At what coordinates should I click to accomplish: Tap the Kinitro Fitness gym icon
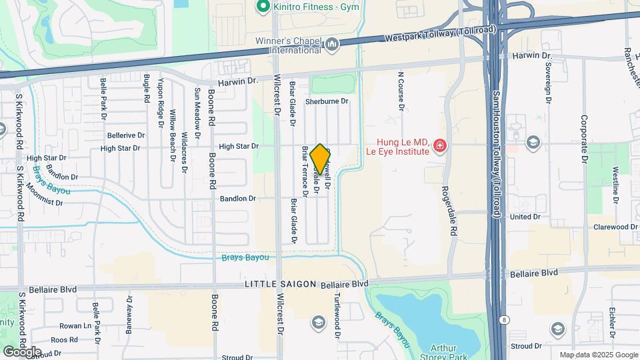pyautogui.click(x=263, y=7)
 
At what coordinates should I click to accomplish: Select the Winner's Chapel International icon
pyautogui.click(x=332, y=45)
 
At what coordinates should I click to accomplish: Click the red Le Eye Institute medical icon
pyautogui.click(x=439, y=145)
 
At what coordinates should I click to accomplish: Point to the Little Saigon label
pyautogui.click(x=280, y=284)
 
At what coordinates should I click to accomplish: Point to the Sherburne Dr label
pyautogui.click(x=327, y=101)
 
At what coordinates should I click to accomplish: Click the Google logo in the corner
pyautogui.click(x=22, y=351)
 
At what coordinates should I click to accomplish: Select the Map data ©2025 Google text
pyautogui.click(x=598, y=355)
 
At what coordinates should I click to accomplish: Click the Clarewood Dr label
pyautogui.click(x=615, y=227)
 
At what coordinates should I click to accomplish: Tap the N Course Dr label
pyautogui.click(x=401, y=91)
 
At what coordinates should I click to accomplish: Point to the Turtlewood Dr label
pyautogui.click(x=338, y=313)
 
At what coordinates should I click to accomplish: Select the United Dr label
pyautogui.click(x=525, y=217)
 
